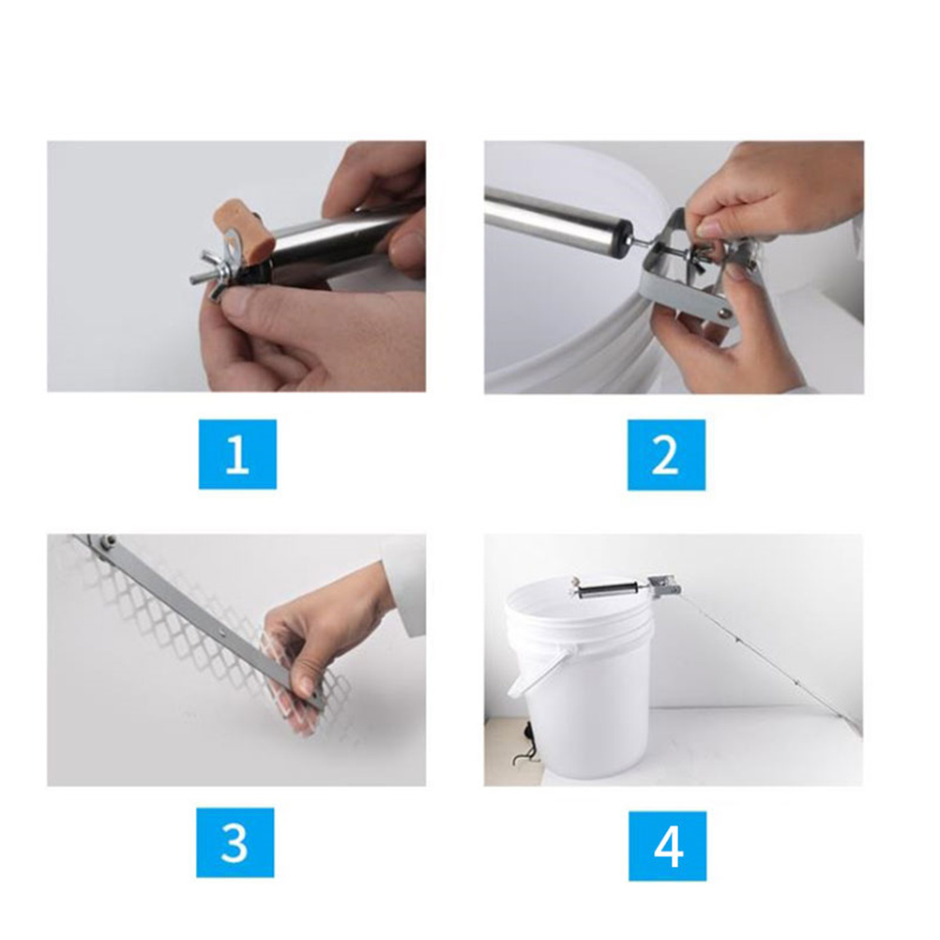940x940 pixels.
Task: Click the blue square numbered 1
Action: click(237, 454)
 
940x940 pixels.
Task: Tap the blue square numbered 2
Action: click(666, 454)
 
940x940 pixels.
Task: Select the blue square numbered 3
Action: click(235, 842)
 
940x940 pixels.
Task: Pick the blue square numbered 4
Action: click(667, 846)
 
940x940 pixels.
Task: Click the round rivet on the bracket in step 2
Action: click(726, 312)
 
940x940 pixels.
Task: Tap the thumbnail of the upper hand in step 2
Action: click(707, 228)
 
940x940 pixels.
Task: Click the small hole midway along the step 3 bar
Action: click(223, 631)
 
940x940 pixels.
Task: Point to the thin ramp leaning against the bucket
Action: click(771, 661)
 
